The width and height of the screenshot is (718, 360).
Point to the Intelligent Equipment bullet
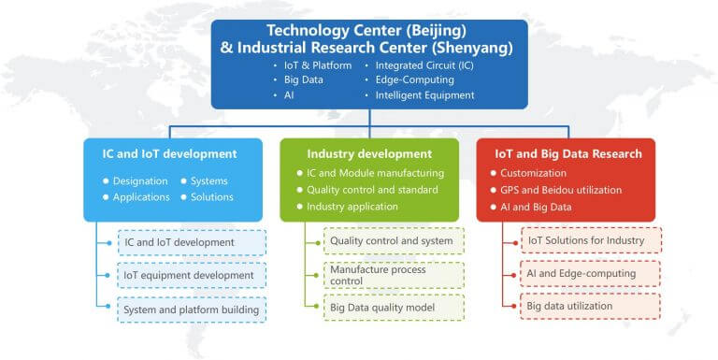coord(424,95)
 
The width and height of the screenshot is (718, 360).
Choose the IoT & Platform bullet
coord(318,65)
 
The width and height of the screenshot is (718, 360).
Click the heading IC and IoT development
coord(169,153)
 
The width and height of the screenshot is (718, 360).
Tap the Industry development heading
coord(369,153)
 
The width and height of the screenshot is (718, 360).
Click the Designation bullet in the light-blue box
coord(140,180)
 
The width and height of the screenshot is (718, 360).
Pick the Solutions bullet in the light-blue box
coord(211,197)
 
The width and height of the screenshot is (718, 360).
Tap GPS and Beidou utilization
coord(561,190)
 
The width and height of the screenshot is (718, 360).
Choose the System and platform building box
coord(192,309)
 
